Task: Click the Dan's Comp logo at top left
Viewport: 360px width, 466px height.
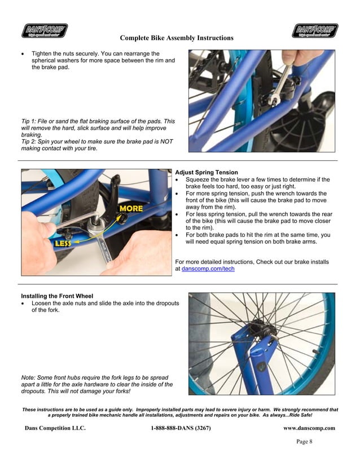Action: (45, 30)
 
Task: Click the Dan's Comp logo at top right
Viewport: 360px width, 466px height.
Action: (315, 30)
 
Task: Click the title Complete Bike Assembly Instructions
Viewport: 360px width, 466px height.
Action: (177, 38)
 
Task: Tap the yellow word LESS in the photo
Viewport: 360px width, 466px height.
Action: (63, 244)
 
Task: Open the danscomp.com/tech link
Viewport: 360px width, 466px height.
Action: (208, 269)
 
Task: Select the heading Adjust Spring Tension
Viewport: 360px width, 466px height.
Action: (207, 172)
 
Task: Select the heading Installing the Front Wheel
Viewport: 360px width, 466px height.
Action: (57, 296)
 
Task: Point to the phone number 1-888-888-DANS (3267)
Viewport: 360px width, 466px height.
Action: (181, 428)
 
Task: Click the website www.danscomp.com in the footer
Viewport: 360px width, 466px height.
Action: (309, 428)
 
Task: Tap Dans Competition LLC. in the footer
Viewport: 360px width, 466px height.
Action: (55, 428)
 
